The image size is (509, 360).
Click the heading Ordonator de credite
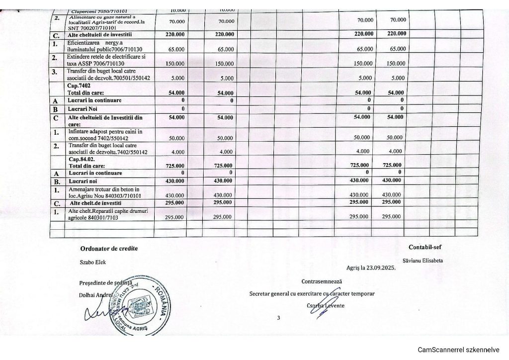[108, 248]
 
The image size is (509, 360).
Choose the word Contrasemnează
[322, 281]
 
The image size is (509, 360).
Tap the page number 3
[279, 318]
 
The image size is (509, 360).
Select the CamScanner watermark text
[458, 349]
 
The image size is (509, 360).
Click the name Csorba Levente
[326, 305]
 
